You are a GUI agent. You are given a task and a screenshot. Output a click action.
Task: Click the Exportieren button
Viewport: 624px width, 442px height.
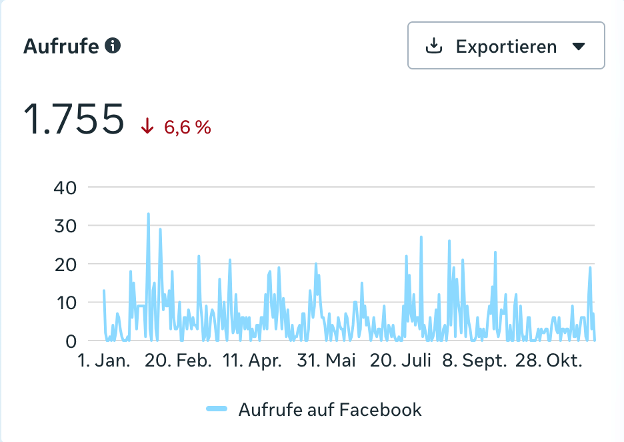pos(506,46)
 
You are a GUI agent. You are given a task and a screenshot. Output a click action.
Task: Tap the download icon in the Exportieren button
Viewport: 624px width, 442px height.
pos(434,46)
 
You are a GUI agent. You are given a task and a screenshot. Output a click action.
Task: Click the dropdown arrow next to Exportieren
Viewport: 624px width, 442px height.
pos(578,46)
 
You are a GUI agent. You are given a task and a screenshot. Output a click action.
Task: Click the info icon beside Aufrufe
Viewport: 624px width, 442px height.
pos(113,46)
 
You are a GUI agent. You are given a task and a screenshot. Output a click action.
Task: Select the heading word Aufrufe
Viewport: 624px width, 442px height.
pos(61,47)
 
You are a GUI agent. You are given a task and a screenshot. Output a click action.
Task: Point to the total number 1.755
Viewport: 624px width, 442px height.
pos(74,120)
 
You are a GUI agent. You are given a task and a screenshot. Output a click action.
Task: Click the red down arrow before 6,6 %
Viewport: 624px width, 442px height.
pos(147,126)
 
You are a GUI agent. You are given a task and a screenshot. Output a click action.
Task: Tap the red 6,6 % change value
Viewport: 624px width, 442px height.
pos(187,127)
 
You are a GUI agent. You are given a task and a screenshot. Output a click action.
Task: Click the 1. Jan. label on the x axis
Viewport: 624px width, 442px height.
pos(105,361)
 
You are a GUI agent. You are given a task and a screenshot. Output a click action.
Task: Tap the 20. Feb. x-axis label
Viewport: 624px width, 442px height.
pos(178,361)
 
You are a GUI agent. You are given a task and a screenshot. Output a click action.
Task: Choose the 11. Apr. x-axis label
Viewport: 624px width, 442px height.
pos(252,361)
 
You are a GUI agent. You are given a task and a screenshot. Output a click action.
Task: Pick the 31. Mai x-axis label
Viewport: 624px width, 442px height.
pos(327,361)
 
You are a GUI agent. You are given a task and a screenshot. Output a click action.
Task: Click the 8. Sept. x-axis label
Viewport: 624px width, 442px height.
pos(475,361)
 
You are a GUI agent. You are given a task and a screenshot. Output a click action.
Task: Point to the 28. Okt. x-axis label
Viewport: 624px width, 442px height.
pos(549,361)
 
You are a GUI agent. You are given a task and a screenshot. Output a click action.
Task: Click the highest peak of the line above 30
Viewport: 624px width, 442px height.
pos(148,214)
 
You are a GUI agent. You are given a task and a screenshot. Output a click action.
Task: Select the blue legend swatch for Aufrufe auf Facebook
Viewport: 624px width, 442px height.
pos(217,409)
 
